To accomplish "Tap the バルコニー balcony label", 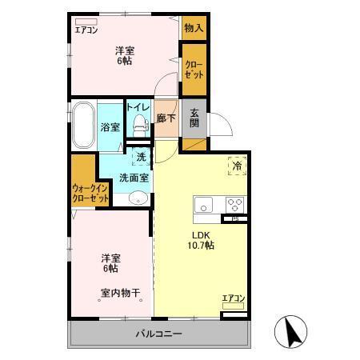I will [x=158, y=333].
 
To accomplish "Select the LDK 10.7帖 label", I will [x=199, y=240].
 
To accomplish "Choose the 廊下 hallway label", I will [x=166, y=117].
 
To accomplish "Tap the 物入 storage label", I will [x=194, y=28].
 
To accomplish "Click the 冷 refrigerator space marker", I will [x=237, y=166].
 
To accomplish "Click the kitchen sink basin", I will [x=204, y=203].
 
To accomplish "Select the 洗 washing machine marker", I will [x=141, y=156].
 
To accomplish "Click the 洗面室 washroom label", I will [x=133, y=178].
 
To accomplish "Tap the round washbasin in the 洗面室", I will [x=138, y=200].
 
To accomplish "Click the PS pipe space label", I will [x=235, y=218].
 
